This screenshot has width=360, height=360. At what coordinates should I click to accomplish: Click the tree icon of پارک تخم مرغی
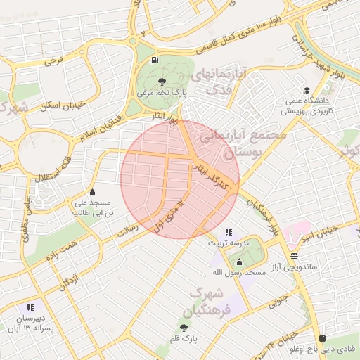(164, 81)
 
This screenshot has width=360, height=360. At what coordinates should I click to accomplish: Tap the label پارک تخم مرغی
(164, 92)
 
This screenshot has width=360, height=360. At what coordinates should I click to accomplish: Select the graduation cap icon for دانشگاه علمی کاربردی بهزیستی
(306, 90)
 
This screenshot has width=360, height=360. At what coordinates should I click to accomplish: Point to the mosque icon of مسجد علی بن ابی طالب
(92, 193)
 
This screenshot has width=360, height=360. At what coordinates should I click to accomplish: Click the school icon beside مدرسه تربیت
(228, 232)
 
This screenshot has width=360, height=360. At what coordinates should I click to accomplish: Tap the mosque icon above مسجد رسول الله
(240, 261)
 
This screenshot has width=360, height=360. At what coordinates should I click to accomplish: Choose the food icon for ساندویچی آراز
(294, 257)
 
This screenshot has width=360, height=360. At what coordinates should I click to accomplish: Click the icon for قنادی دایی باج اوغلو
(322, 338)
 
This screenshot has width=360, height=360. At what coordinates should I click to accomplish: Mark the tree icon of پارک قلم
(184, 328)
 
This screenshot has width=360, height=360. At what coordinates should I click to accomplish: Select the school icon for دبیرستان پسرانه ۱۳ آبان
(30, 307)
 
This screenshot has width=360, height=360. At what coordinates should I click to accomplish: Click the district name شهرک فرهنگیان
(209, 301)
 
